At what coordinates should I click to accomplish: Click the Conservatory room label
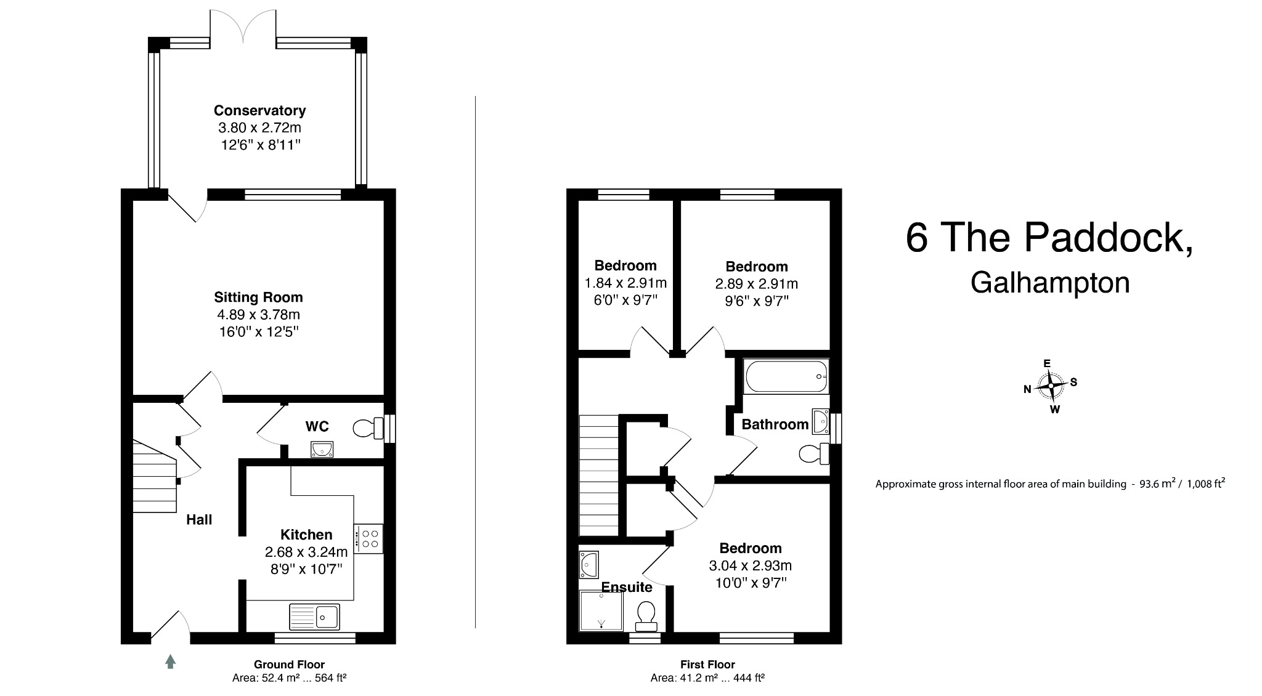(x=259, y=111)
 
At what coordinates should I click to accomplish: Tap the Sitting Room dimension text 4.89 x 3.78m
(x=258, y=315)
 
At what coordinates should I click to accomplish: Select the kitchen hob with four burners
(x=368, y=539)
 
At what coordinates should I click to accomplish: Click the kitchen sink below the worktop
(x=314, y=617)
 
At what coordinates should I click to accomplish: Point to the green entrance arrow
(x=171, y=662)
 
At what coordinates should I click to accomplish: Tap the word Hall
(x=199, y=520)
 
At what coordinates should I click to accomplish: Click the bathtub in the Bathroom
(x=786, y=377)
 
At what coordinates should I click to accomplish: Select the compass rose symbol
(x=1051, y=386)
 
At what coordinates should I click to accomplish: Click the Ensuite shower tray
(x=601, y=611)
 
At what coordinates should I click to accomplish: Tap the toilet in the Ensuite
(x=646, y=616)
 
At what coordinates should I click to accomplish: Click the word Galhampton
(x=1050, y=283)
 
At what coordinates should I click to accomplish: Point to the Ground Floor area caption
(x=289, y=678)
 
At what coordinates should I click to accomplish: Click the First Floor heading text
(x=707, y=665)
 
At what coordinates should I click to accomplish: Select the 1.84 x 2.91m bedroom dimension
(x=625, y=283)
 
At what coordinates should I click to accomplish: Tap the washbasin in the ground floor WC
(x=322, y=450)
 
